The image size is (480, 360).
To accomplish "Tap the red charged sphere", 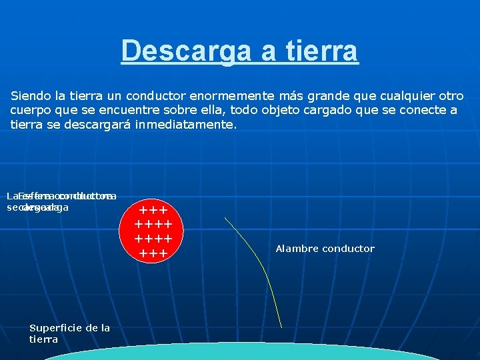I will pyautogui.click(x=153, y=231).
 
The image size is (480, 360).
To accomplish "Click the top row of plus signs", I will pyautogui.click(x=153, y=211).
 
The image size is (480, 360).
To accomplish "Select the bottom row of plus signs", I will pyautogui.click(x=153, y=253).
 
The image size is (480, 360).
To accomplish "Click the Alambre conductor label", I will pyautogui.click(x=325, y=249).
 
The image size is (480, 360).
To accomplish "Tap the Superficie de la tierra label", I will pyautogui.click(x=69, y=333).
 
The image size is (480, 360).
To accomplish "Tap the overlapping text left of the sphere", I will pyautogui.click(x=61, y=201).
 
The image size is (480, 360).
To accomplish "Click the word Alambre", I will pyautogui.click(x=297, y=249).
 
